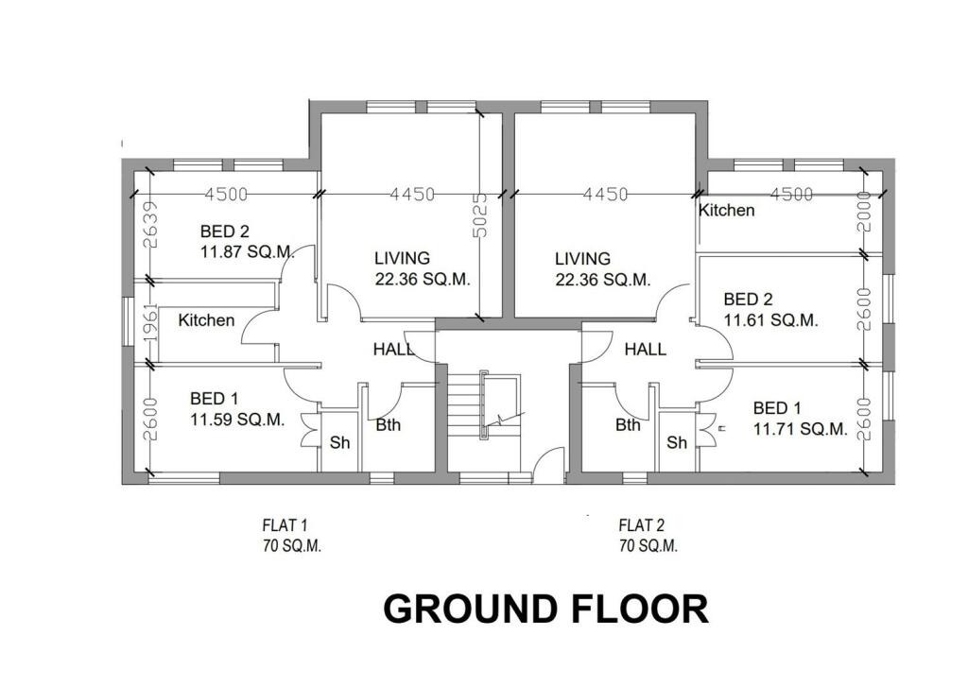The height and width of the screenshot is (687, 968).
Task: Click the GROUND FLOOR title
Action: pos(545,610)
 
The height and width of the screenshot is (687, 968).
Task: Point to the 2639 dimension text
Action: pos(152,224)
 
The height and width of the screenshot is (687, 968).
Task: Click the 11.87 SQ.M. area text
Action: pos(247,252)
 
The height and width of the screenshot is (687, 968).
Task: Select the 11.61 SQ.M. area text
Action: pos(770,320)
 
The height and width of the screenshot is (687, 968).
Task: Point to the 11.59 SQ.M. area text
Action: pos(237,421)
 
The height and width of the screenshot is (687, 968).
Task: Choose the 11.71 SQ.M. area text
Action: pos(800,429)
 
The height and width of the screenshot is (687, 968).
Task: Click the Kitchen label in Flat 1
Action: pos(206,320)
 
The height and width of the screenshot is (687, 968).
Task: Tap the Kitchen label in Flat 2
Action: pos(726,210)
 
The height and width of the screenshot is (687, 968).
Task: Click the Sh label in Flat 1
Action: pos(338,442)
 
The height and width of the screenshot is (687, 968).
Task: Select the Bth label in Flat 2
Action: pos(628,425)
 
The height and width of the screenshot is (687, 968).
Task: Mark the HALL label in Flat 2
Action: pos(645,349)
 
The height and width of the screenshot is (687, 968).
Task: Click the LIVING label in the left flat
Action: pos(402,258)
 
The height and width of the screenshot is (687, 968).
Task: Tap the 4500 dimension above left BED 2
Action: pos(226,194)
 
